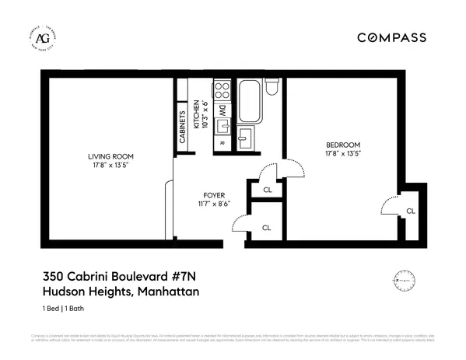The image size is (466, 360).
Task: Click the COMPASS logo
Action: [x=391, y=37]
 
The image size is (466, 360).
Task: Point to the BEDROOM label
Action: [x=342, y=145]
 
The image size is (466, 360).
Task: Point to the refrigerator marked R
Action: [x=222, y=142]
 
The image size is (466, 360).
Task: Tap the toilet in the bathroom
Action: [x=270, y=87]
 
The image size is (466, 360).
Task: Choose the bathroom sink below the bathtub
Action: [x=245, y=140]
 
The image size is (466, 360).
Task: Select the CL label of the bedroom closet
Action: [x=410, y=211]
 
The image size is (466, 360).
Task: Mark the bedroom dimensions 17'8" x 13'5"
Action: [x=342, y=154]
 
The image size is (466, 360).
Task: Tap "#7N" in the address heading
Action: [x=180, y=276]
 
